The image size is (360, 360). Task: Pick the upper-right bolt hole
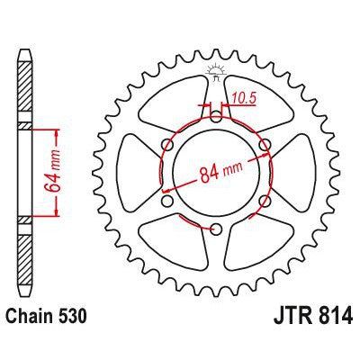[x=265, y=143]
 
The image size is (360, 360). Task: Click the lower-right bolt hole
[x=265, y=201]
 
